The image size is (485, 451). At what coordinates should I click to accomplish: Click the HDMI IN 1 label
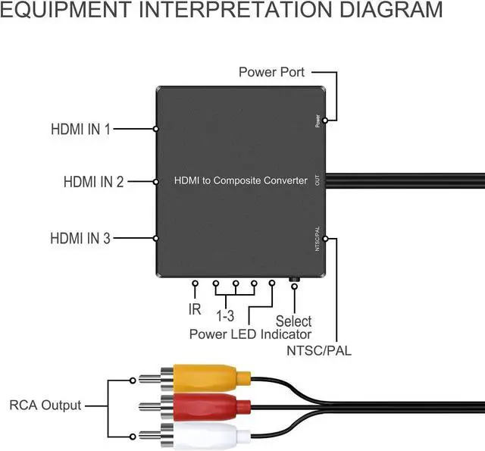(80, 129)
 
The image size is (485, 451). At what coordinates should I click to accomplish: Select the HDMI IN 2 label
(93, 182)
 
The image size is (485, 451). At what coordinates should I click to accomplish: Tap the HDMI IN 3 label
(80, 238)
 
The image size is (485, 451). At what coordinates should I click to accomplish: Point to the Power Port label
(271, 72)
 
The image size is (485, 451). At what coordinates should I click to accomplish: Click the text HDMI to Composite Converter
(241, 180)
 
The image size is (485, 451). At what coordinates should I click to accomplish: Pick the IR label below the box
(195, 309)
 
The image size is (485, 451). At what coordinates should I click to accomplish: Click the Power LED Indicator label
(250, 334)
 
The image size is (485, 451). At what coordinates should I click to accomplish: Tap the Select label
(294, 321)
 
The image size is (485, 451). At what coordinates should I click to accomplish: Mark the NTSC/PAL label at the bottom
(319, 350)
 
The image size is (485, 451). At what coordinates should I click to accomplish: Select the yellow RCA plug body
(205, 377)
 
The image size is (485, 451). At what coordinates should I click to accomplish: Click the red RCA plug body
(205, 406)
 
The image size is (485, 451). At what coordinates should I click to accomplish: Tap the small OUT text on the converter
(317, 180)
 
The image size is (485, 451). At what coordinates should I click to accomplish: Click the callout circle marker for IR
(196, 284)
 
